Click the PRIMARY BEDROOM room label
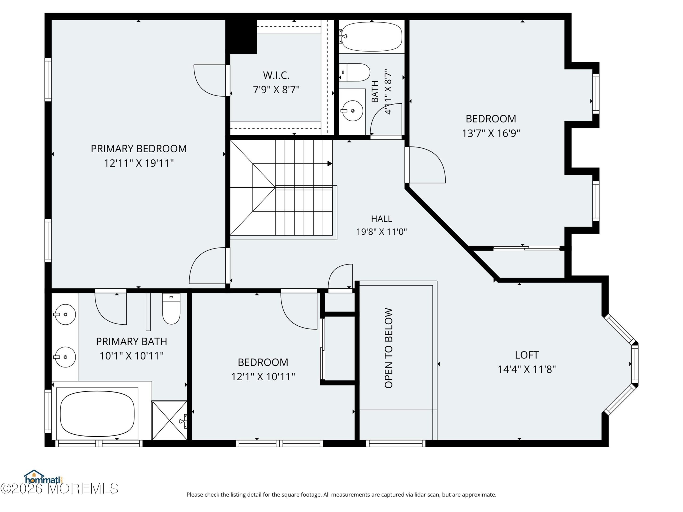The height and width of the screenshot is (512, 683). (139, 149)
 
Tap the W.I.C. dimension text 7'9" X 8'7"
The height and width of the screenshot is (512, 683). (276, 90)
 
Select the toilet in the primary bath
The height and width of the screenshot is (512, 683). (171, 309)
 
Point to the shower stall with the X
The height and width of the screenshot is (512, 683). (169, 420)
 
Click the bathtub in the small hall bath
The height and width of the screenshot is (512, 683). (372, 37)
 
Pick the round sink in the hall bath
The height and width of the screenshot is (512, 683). (352, 110)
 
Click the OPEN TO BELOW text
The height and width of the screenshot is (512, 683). (388, 348)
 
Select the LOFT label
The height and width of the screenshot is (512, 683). (527, 355)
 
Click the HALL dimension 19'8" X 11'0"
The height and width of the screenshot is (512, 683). (382, 232)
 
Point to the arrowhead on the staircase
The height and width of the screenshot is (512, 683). (330, 163)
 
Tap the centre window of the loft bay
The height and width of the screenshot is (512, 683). (635, 364)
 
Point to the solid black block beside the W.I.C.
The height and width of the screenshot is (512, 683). (241, 37)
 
